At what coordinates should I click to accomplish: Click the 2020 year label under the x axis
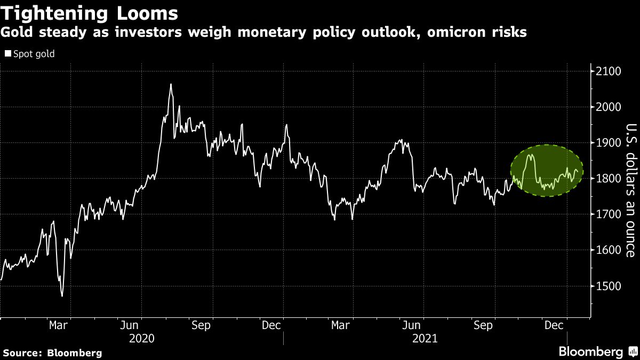click(x=141, y=338)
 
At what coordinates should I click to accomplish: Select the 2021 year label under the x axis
click(x=425, y=338)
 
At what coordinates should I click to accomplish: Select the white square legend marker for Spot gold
click(x=7, y=54)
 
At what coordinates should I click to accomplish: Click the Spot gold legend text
click(x=34, y=54)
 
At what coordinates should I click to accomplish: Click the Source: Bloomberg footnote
click(x=52, y=353)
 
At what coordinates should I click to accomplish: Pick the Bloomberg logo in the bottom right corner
click(x=597, y=351)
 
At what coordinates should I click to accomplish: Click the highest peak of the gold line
click(x=171, y=84)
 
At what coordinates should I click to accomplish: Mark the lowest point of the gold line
click(x=62, y=296)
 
